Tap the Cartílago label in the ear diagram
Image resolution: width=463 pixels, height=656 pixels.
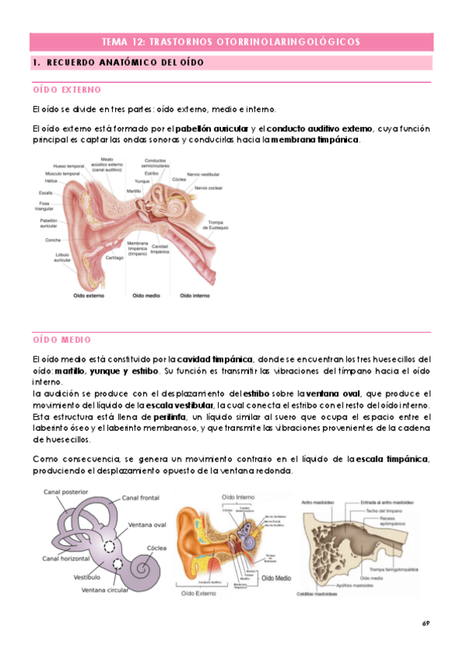click(x=114, y=258)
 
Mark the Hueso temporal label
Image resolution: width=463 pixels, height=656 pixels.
click(x=67, y=166)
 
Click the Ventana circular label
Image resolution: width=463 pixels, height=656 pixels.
click(x=106, y=589)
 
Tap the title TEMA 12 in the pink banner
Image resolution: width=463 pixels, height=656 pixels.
click(x=230, y=41)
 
